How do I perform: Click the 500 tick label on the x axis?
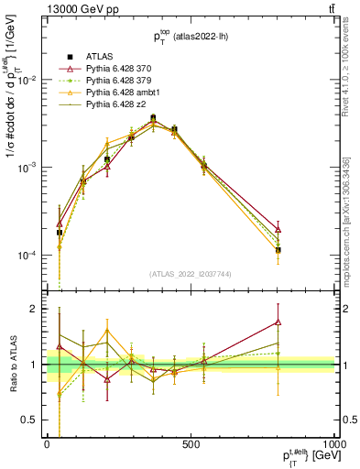191,443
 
